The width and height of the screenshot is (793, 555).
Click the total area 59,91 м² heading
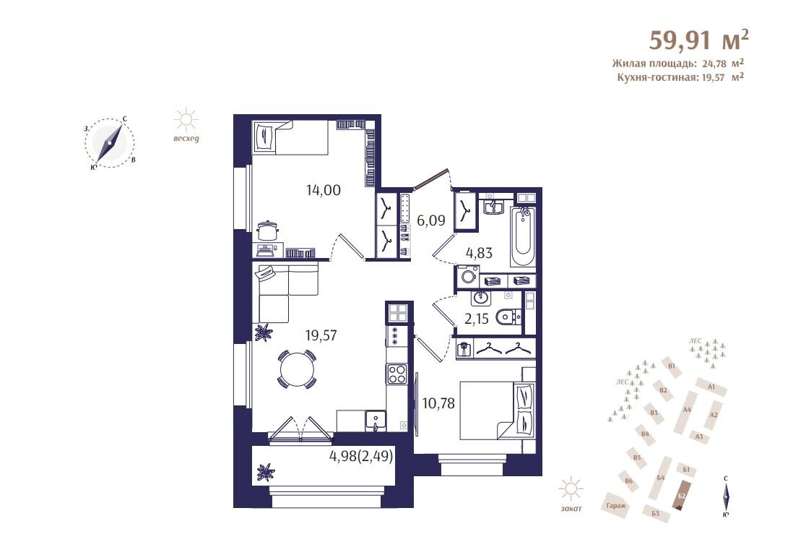pos(699,40)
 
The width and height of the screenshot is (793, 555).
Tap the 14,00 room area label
pos(323,190)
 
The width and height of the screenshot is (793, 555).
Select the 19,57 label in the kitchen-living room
pos(321,335)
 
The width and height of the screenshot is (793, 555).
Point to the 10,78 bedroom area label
pos(438,403)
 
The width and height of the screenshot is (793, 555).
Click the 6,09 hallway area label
pos(431,220)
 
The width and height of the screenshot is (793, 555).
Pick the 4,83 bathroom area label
pos(479,252)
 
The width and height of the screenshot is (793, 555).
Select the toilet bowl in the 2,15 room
pos(508,317)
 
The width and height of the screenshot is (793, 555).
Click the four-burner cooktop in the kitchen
pos(396,374)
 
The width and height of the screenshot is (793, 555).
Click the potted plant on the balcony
pos(265,473)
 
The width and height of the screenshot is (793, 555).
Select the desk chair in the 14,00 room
pos(267,231)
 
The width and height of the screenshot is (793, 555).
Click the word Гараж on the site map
pos(615,505)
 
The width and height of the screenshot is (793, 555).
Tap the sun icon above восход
pos(186,120)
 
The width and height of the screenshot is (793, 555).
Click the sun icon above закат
pos(571,489)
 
